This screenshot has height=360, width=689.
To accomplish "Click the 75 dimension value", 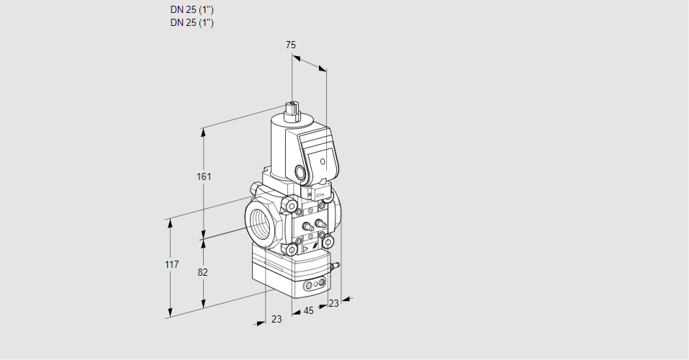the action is point(291,45).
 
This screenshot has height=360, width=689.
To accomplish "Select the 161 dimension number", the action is point(204,176).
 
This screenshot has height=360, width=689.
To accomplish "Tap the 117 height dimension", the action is point(172,264).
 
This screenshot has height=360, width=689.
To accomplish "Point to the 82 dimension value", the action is point(202,273).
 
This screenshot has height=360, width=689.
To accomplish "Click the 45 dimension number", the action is point(308,311).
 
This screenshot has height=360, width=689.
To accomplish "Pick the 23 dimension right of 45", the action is point(333,303).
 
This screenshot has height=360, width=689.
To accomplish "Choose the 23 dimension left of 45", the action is point(276,319).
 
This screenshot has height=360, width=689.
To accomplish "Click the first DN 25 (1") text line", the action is point(192,9).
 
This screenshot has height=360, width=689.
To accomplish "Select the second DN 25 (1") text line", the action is point(192,23).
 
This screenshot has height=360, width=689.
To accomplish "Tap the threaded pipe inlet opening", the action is point(262,221).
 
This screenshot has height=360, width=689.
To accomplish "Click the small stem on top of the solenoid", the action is point(292,108).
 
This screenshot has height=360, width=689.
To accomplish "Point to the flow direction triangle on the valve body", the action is point(305,249).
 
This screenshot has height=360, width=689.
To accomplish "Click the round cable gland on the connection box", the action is point(300,172).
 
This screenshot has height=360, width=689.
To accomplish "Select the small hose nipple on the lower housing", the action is point(335,266).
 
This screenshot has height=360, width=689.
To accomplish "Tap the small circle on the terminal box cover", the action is point(323,162).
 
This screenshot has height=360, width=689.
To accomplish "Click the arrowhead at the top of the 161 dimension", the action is point(203,132).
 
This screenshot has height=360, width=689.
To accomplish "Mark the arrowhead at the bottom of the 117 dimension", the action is point(170,313).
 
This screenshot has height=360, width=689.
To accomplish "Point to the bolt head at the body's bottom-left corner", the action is point(292,250).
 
